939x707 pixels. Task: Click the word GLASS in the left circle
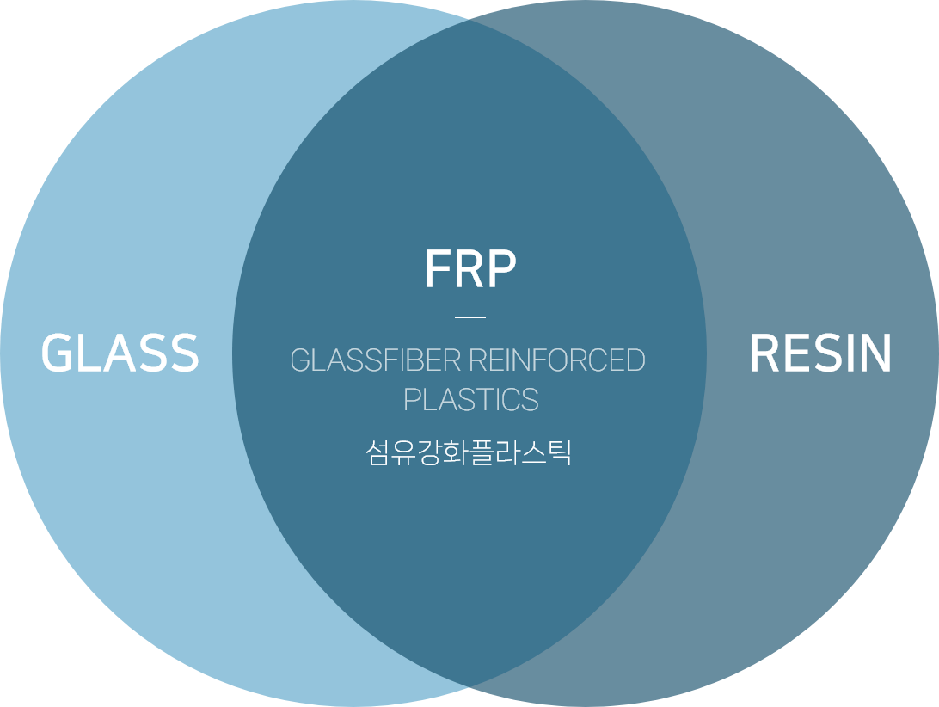(x=120, y=353)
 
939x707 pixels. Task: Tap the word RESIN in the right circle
(x=820, y=353)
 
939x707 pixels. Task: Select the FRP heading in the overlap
(x=470, y=270)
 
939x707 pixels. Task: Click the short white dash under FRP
(x=470, y=317)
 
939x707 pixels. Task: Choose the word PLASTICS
(x=470, y=400)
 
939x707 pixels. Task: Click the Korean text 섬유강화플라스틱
(x=469, y=452)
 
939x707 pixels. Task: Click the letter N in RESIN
(x=875, y=353)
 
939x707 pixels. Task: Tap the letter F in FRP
(x=437, y=270)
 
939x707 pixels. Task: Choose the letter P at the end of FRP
(x=501, y=270)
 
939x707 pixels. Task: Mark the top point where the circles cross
(x=470, y=19)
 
